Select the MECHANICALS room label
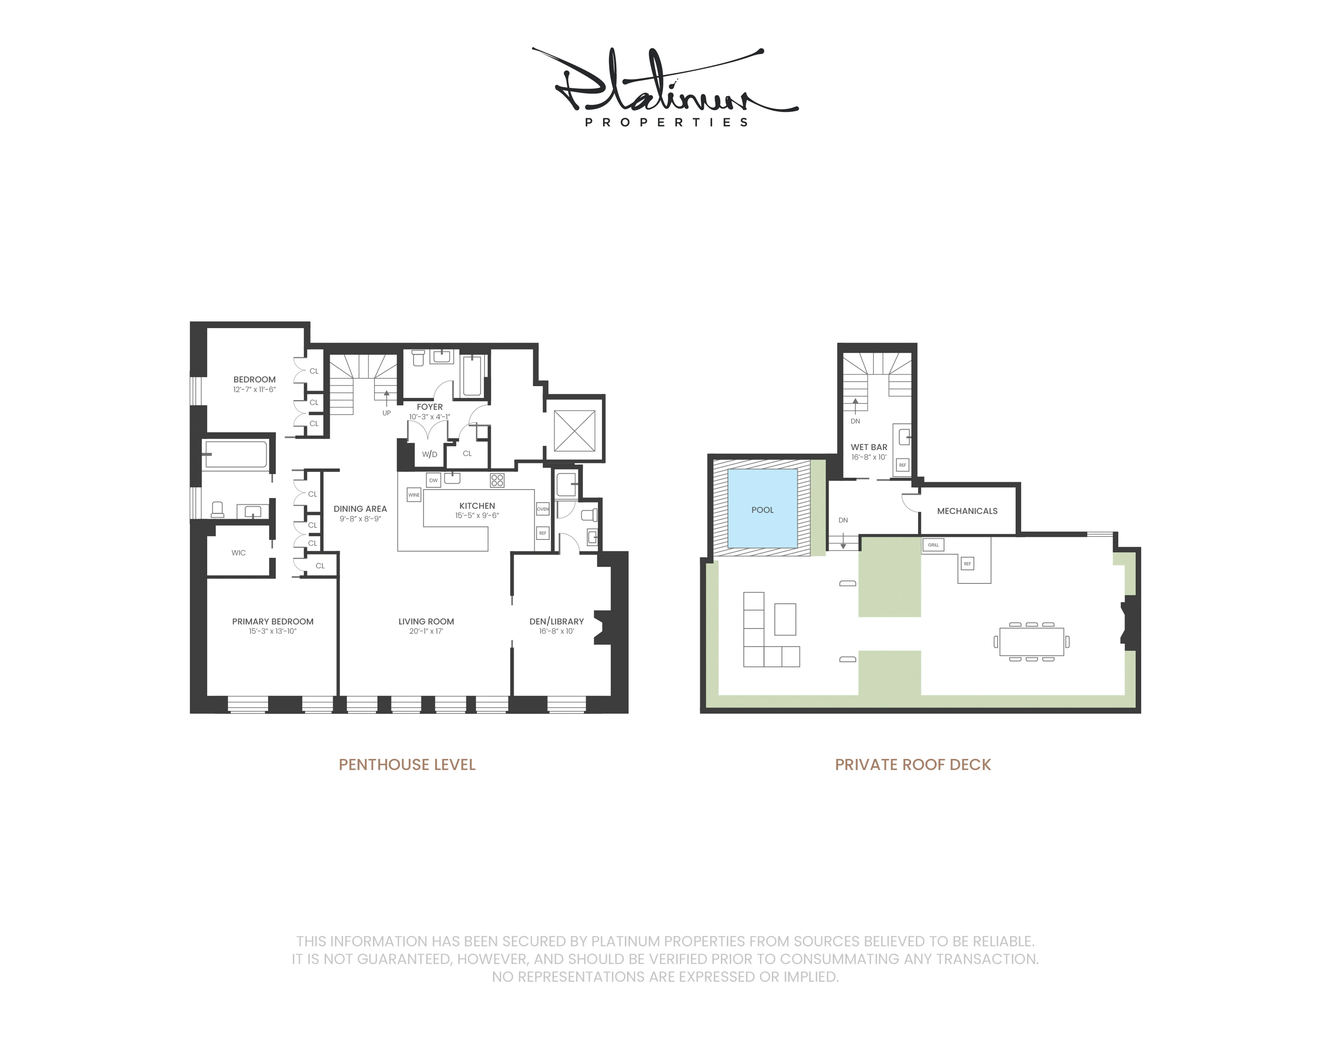967,511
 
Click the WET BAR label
869,447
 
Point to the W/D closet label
430,454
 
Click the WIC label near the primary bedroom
238,553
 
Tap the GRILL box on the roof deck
933,544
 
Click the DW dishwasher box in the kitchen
433,481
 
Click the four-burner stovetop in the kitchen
497,481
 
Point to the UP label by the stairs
386,413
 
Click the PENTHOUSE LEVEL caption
407,765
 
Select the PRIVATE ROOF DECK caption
912,765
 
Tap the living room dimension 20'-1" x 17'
426,631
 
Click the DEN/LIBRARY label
556,621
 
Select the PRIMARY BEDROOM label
272,621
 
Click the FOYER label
430,407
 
